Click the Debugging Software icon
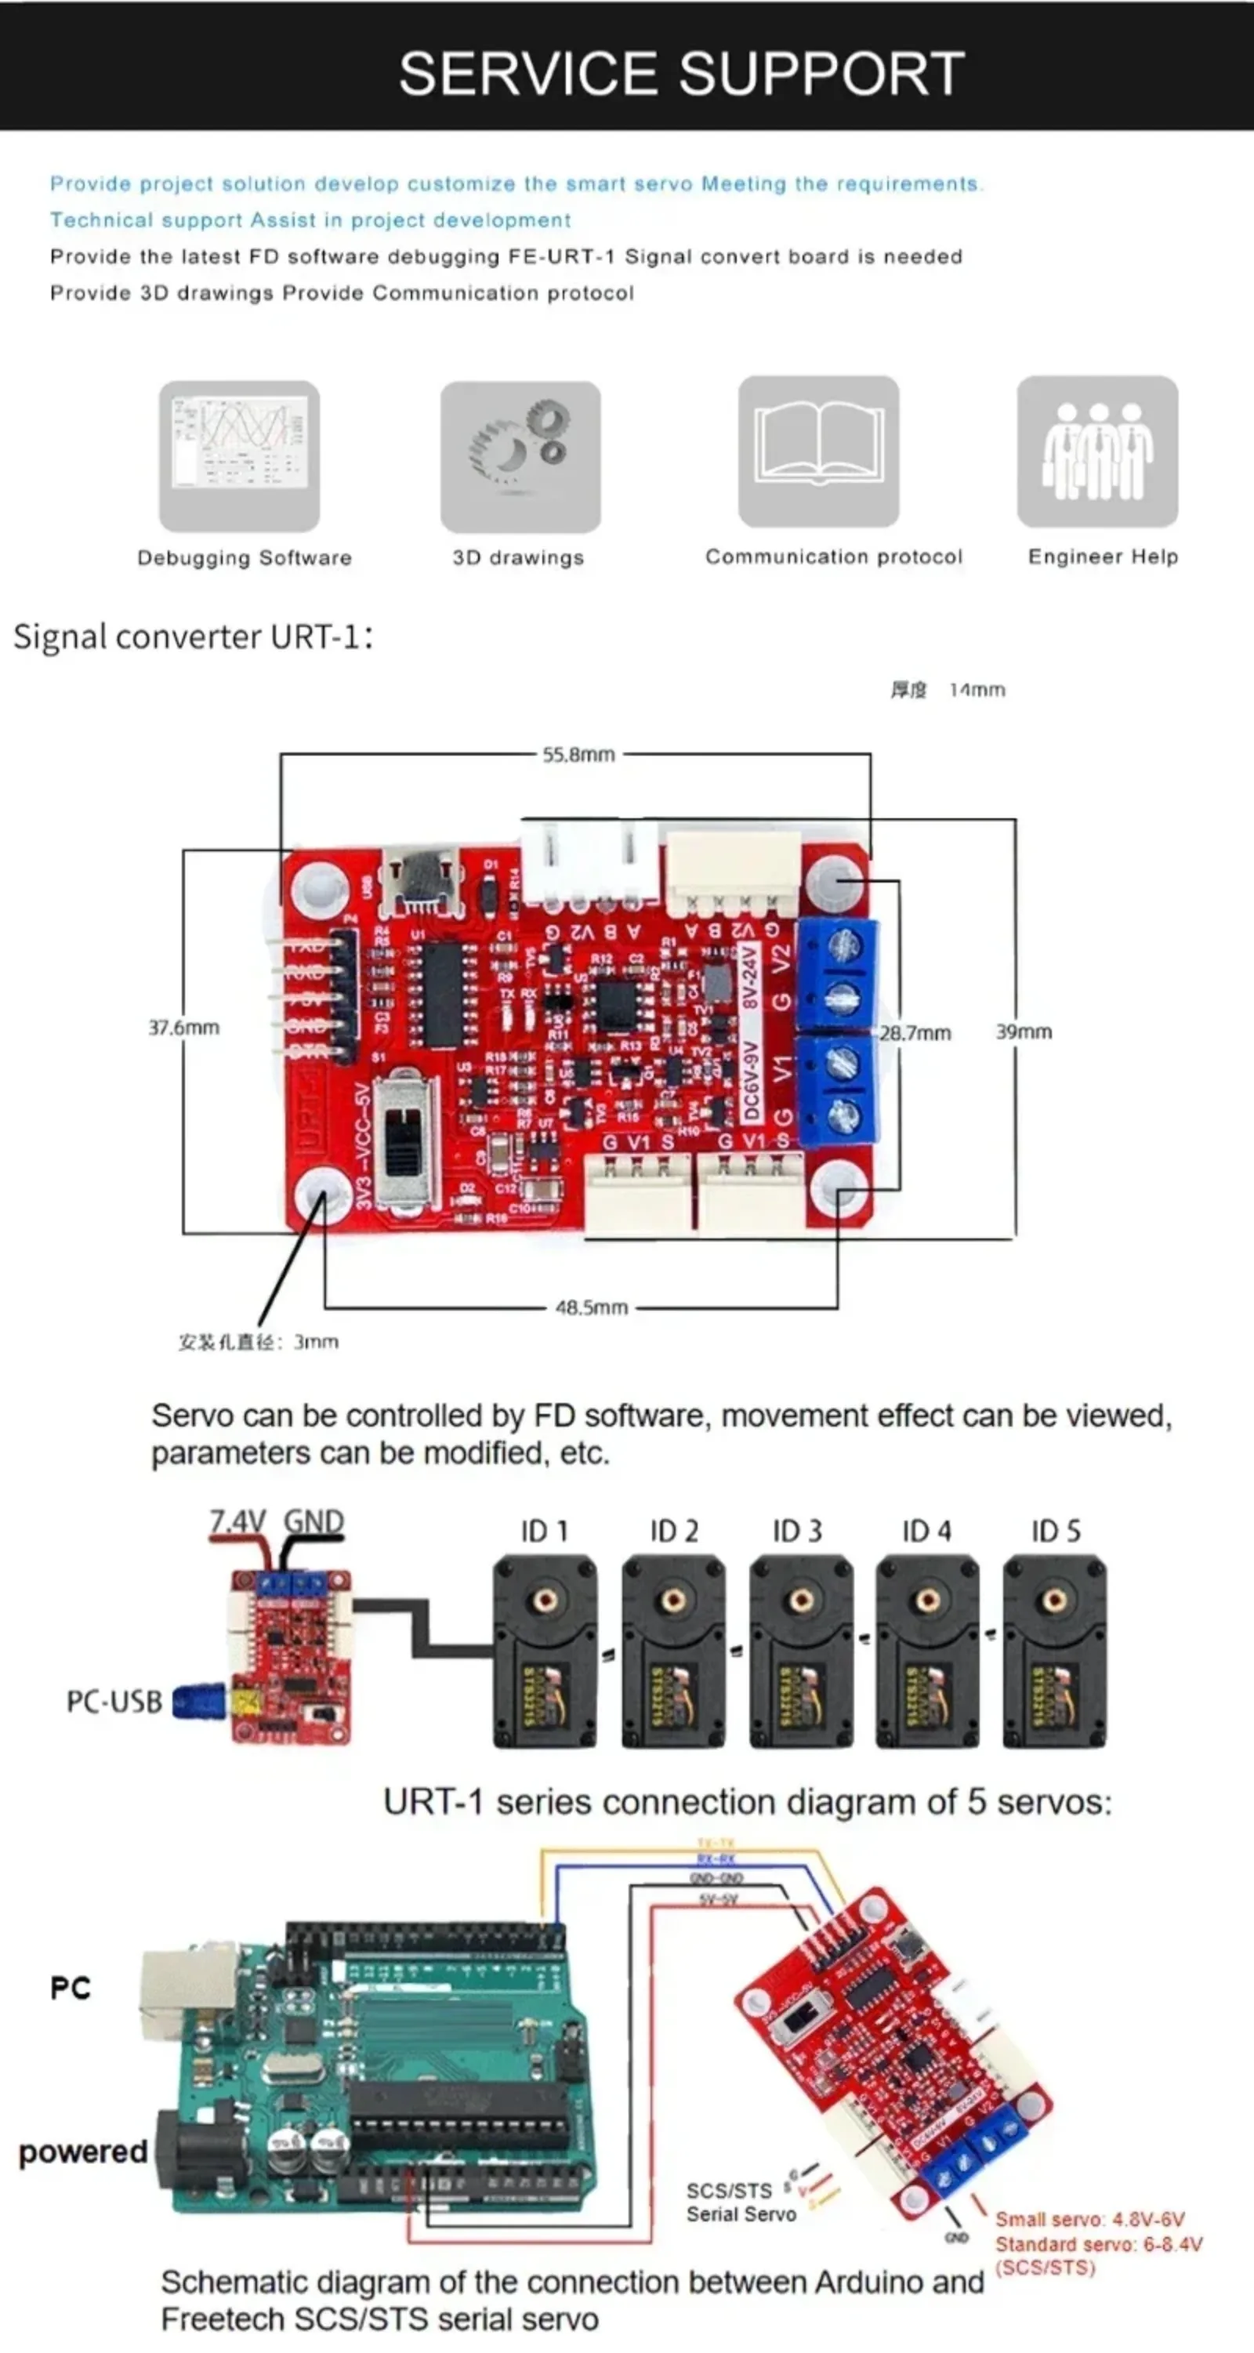(x=239, y=456)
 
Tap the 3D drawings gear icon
(x=520, y=456)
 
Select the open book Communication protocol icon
(x=818, y=451)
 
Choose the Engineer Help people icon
(x=1097, y=451)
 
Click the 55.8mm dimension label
(x=578, y=755)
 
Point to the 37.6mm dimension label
(x=183, y=1028)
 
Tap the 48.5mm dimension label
(x=591, y=1307)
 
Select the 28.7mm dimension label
(x=915, y=1033)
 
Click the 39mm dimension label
(x=1023, y=1031)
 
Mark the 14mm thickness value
(x=977, y=690)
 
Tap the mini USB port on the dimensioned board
(x=421, y=879)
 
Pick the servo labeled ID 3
(x=801, y=1652)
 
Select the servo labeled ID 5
(x=1054, y=1652)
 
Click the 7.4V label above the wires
(x=237, y=1521)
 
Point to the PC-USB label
(x=114, y=1702)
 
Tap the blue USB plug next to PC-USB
(x=198, y=1701)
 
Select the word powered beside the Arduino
(x=83, y=2152)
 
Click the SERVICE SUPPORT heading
(x=681, y=73)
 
